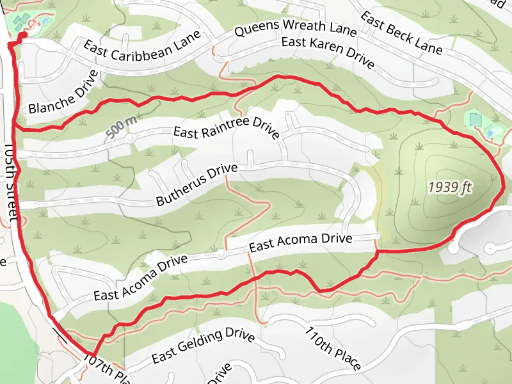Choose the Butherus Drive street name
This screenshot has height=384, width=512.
tap(196, 185)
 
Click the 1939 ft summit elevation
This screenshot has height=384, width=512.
tap(449, 187)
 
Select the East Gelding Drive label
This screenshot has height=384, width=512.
tap(203, 345)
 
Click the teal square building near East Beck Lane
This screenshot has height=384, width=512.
tap(475, 120)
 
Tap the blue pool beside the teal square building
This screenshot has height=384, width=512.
tap(492, 132)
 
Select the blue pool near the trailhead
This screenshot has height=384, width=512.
tap(45, 21)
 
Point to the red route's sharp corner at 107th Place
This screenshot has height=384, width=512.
tap(93, 355)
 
